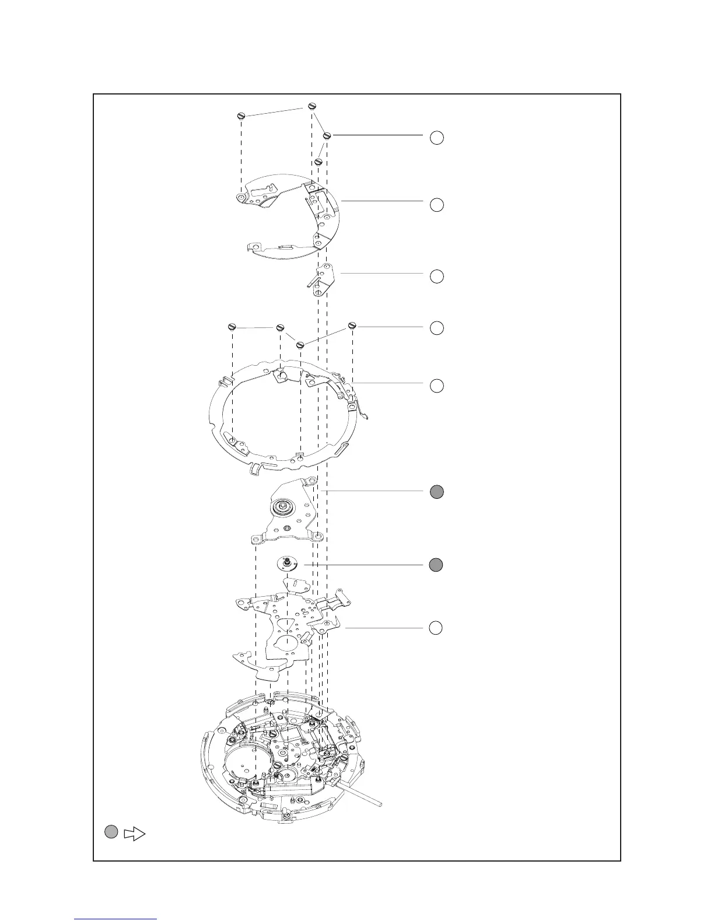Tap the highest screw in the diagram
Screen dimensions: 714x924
[311, 106]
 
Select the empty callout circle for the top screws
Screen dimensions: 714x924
[437, 138]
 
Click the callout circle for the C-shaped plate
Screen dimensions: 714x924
[437, 205]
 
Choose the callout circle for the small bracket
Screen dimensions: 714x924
[437, 276]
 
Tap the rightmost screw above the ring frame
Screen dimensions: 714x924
[352, 325]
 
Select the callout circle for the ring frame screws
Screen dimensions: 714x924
[437, 328]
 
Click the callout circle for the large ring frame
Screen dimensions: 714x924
[437, 386]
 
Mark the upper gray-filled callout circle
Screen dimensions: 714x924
[437, 492]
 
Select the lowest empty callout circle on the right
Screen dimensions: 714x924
[437, 628]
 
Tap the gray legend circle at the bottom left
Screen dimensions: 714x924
[112, 832]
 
